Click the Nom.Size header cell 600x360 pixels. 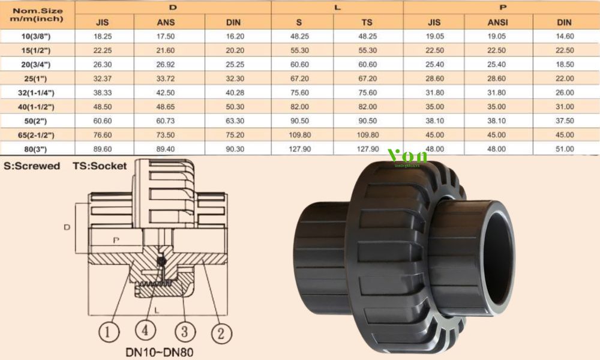(x=37, y=14)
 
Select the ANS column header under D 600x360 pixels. (x=168, y=22)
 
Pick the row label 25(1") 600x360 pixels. (x=37, y=79)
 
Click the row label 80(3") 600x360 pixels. (x=37, y=149)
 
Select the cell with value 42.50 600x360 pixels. (x=168, y=93)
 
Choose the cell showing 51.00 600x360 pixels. (x=564, y=149)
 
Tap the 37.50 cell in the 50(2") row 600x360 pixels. (x=564, y=121)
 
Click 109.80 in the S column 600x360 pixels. (x=299, y=135)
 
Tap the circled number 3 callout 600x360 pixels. (x=184, y=331)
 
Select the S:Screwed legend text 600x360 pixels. (x=32, y=166)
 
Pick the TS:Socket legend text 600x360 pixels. (x=100, y=166)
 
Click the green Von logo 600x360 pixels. (x=408, y=157)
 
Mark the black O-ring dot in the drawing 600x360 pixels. (x=160, y=260)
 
